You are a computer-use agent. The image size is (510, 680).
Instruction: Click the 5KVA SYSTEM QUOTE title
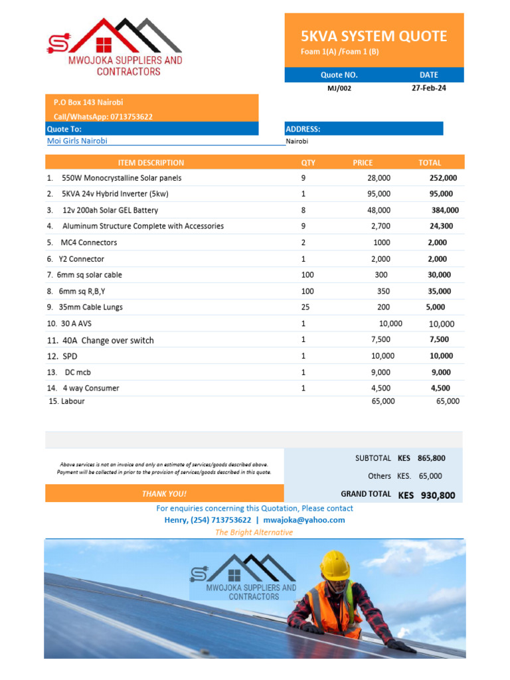pyautogui.click(x=374, y=36)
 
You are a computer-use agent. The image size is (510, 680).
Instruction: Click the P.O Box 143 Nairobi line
pyautogui.click(x=88, y=102)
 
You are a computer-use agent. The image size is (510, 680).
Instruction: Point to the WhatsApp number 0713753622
pyautogui.click(x=131, y=116)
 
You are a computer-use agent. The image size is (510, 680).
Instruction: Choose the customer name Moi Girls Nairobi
pyautogui.click(x=77, y=141)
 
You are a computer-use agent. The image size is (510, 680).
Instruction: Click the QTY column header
pyautogui.click(x=308, y=163)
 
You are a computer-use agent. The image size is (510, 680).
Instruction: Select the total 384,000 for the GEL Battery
pyautogui.click(x=445, y=210)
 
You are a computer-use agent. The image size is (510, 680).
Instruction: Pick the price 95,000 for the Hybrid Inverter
pyautogui.click(x=379, y=194)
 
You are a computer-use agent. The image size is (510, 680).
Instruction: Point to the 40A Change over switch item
pyautogui.click(x=108, y=340)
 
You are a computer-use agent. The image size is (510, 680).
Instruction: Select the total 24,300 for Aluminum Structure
pyautogui.click(x=442, y=226)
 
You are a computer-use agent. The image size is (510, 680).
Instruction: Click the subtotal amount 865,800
pyautogui.click(x=431, y=458)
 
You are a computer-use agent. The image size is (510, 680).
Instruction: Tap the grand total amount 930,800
pyautogui.click(x=438, y=495)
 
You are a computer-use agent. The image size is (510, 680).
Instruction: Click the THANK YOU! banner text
pyautogui.click(x=164, y=494)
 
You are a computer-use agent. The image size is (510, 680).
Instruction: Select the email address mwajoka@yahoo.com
pyautogui.click(x=304, y=520)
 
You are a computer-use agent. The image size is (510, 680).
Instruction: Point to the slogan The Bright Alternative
pyautogui.click(x=254, y=532)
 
